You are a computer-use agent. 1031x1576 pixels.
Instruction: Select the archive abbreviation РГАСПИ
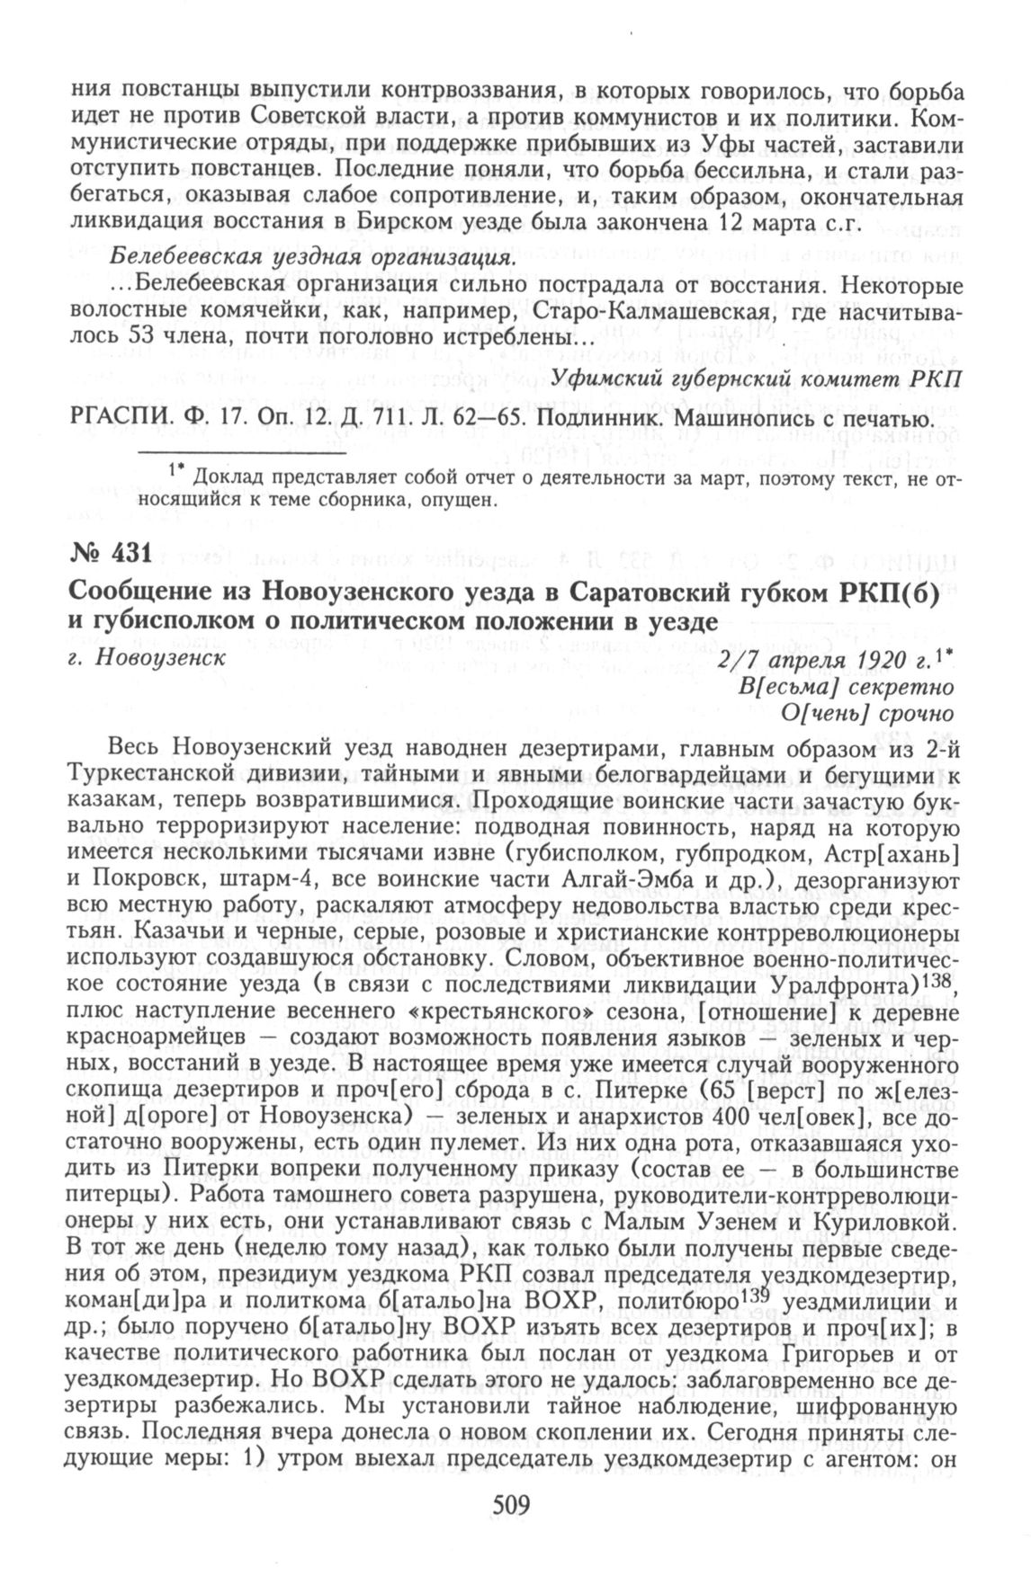pyautogui.click(x=120, y=419)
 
